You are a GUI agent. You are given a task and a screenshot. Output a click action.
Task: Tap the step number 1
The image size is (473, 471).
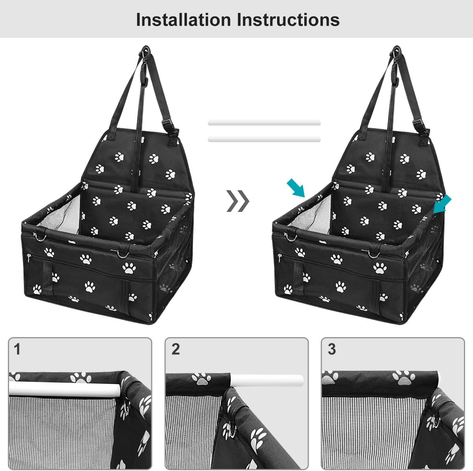17,349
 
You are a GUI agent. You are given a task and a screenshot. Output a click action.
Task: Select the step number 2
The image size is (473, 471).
176,349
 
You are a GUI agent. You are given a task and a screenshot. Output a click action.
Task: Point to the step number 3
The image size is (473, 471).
332,349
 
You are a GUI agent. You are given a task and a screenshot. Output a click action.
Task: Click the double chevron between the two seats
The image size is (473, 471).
238,201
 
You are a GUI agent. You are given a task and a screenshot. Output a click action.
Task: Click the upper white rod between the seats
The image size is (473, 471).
264,123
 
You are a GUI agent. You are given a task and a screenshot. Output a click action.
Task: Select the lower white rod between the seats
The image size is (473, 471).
264,139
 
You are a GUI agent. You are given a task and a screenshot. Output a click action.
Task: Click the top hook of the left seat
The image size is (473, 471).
145,53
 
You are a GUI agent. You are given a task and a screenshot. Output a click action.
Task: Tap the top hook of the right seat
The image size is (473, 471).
397,53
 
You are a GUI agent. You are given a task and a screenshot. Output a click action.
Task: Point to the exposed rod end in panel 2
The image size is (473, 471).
268,380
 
